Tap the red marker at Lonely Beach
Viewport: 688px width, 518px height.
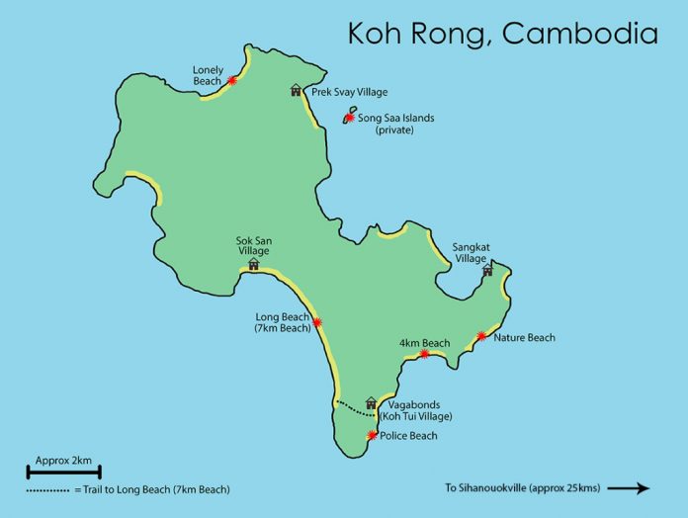(231, 81)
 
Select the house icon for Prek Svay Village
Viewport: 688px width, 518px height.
(296, 91)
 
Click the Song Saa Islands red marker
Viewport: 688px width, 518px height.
(349, 118)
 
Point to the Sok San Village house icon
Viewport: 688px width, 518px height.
(253, 264)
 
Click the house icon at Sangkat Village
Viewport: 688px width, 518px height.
(486, 270)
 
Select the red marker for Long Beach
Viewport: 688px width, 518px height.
(317, 322)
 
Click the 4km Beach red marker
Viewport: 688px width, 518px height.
(424, 354)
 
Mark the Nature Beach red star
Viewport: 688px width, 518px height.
(481, 337)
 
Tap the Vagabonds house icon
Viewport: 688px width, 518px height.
(372, 402)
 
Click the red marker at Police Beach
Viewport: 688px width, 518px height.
(372, 435)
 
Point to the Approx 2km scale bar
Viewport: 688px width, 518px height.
(63, 473)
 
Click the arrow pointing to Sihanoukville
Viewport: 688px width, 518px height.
(628, 487)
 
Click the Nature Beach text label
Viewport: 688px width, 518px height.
(524, 338)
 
